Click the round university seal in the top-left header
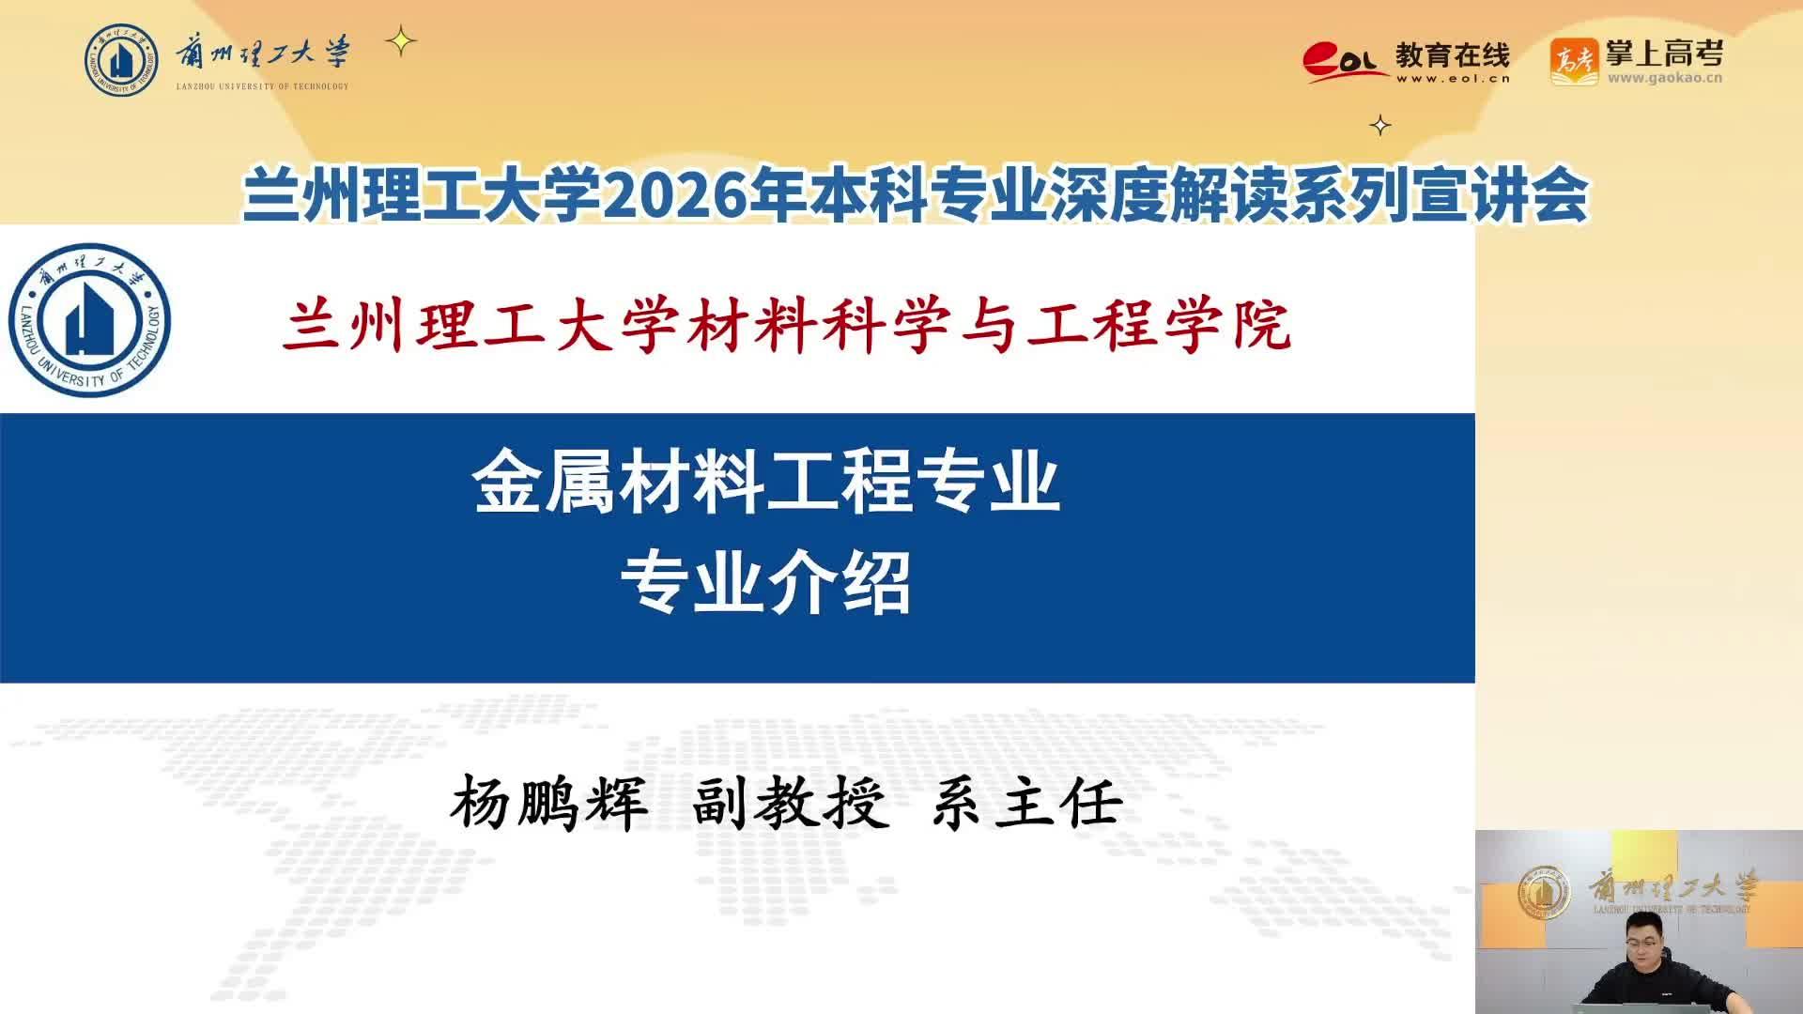(122, 60)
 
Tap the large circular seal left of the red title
(90, 320)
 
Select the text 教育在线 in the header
(1452, 55)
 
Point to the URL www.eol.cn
(1453, 79)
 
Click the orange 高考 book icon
(1574, 62)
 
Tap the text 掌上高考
(1664, 54)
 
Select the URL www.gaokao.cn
(1665, 78)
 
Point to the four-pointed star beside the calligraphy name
(401, 41)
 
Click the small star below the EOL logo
(1380, 125)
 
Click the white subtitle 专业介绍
(766, 582)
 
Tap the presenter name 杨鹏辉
(549, 805)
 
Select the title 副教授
(790, 805)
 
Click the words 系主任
(1027, 805)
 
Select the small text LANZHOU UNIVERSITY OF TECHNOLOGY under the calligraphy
(262, 86)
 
